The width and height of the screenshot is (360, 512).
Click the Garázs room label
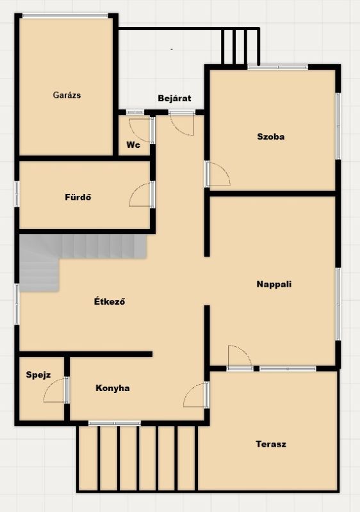(67, 95)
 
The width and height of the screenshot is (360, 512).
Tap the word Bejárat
(174, 98)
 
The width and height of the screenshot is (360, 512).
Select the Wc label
(133, 145)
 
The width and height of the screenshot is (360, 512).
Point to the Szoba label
(270, 136)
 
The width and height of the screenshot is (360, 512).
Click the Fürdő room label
(78, 197)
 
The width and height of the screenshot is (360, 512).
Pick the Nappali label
(274, 284)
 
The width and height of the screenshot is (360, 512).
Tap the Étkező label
(110, 301)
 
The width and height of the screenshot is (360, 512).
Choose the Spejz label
(38, 375)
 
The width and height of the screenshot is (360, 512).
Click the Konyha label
(112, 388)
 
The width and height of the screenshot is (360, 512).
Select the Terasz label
(271, 444)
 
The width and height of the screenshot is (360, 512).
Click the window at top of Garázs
(65, 15)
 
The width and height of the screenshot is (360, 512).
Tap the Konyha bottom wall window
(114, 423)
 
